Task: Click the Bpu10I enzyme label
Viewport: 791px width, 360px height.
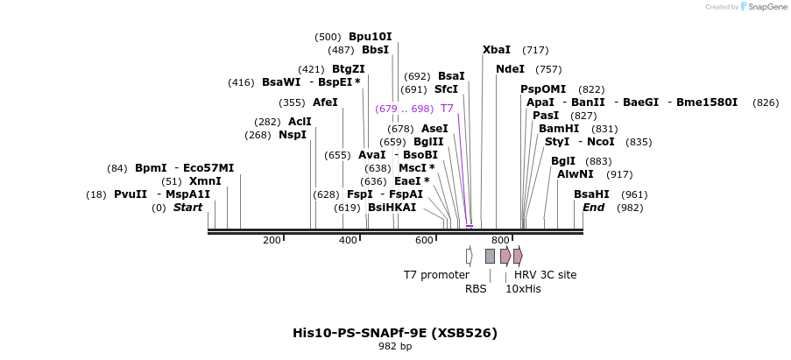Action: click(370, 37)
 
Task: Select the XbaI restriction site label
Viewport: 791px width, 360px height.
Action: click(497, 50)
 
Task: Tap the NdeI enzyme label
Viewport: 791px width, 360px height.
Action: click(510, 69)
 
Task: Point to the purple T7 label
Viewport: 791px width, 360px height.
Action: click(447, 109)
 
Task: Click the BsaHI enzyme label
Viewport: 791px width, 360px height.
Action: click(591, 194)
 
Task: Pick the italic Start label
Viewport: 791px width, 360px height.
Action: click(187, 208)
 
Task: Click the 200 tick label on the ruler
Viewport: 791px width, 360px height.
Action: click(272, 240)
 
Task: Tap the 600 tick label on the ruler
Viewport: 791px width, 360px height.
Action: click(424, 240)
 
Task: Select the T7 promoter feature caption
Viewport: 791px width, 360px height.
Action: click(436, 275)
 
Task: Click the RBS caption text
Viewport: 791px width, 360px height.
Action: click(476, 288)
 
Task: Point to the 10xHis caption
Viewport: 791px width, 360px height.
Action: click(523, 288)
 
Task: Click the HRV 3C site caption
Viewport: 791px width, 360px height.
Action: click(545, 275)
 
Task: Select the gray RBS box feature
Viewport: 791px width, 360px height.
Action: click(490, 256)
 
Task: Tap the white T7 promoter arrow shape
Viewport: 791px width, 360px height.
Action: click(469, 256)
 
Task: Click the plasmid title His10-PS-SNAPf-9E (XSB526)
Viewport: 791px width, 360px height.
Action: click(395, 333)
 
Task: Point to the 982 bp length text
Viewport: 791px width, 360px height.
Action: click(395, 347)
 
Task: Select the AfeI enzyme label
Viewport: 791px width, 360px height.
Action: click(325, 102)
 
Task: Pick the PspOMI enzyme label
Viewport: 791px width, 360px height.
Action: click(543, 89)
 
